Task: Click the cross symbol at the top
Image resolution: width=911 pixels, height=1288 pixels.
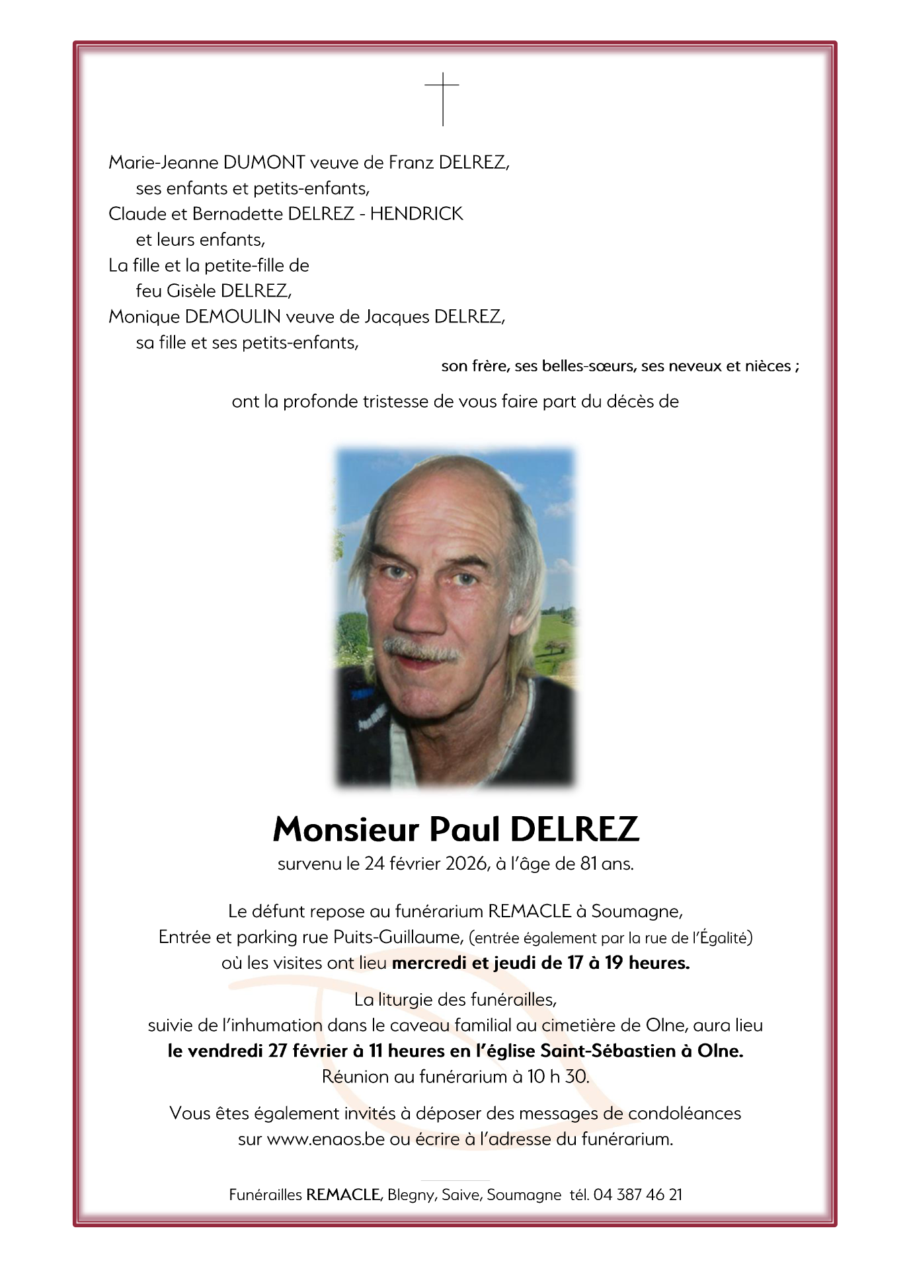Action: tap(442, 98)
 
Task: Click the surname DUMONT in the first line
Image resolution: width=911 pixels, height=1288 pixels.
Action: tap(264, 163)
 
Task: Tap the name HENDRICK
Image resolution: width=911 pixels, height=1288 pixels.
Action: tap(416, 214)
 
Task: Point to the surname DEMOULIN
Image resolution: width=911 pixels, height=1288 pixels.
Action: tap(233, 317)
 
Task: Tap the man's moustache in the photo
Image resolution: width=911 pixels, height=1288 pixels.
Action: tap(423, 647)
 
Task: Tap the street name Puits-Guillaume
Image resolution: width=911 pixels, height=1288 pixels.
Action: tap(397, 937)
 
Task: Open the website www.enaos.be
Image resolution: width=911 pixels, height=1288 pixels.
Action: tap(326, 1139)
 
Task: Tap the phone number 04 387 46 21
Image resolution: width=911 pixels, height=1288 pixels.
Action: tap(637, 1195)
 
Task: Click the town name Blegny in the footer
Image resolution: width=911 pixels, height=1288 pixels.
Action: tap(411, 1195)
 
